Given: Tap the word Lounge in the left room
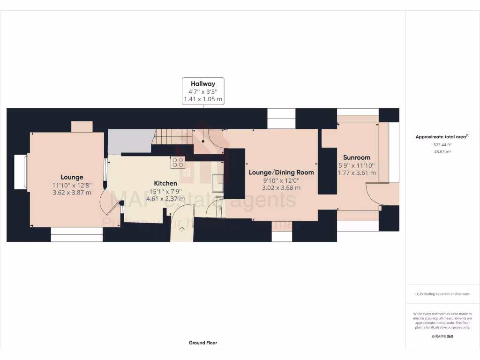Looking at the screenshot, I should pyautogui.click(x=72, y=177).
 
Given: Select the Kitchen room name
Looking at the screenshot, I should pyautogui.click(x=166, y=183).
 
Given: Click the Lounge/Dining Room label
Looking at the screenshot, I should pyautogui.click(x=281, y=172).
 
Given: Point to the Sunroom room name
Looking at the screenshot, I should pyautogui.click(x=356, y=157).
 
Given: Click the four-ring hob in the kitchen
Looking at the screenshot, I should pyautogui.click(x=178, y=162).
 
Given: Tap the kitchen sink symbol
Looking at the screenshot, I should pyautogui.click(x=218, y=183).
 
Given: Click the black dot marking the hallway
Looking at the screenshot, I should pyautogui.click(x=203, y=141).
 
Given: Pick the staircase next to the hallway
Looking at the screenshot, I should pyautogui.click(x=173, y=137).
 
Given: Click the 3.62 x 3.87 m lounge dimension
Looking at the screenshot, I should pyautogui.click(x=72, y=193).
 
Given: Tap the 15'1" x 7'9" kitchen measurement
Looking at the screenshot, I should pyautogui.click(x=166, y=191).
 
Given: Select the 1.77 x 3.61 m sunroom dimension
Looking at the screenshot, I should pyautogui.click(x=356, y=173).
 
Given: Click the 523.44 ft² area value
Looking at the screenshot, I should pyautogui.click(x=442, y=145).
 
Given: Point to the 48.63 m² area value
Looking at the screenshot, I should pyautogui.click(x=442, y=152).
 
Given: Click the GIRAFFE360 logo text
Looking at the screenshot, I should pyautogui.click(x=442, y=336).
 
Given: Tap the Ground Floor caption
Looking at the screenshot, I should pyautogui.click(x=203, y=343).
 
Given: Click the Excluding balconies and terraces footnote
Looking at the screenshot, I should pyautogui.click(x=442, y=294).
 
